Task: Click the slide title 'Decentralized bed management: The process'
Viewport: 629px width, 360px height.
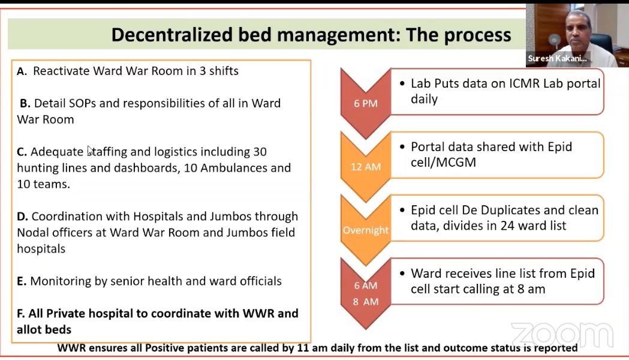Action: (311, 34)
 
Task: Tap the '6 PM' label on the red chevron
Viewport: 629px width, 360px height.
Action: (366, 103)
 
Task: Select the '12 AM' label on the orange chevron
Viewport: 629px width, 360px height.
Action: (366, 167)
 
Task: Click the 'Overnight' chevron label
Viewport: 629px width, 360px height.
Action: (366, 230)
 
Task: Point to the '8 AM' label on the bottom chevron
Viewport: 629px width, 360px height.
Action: (366, 302)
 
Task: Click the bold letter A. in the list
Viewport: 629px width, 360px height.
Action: (22, 71)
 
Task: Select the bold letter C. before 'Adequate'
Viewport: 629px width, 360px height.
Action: (22, 152)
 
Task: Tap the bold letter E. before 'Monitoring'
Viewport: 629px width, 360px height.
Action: (22, 281)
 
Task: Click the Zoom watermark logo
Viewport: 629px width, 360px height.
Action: (562, 335)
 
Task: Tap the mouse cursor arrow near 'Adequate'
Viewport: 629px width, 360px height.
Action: (90, 150)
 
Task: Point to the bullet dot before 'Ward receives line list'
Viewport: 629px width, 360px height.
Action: (402, 274)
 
